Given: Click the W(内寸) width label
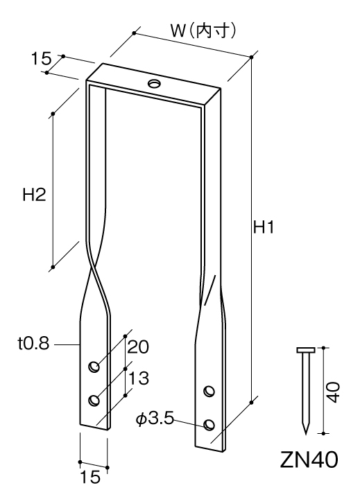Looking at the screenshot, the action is [203, 31].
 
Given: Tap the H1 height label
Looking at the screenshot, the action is [264, 227].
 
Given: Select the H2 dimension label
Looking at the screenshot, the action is [34, 195].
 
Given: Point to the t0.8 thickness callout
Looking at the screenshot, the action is [34, 344].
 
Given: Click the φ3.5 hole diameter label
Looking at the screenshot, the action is [155, 419].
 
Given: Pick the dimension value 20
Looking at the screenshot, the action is [138, 347].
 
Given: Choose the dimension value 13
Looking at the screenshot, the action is [139, 378].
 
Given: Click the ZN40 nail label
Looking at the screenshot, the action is [309, 460].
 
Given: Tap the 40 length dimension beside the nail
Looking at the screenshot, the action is [333, 392].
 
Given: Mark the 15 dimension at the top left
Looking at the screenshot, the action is [41, 58].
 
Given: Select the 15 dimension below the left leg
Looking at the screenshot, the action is [90, 477].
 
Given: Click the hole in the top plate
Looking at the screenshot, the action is [154, 84].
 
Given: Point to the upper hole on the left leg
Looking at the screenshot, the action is [94, 367].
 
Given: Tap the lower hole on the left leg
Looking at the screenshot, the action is [94, 400].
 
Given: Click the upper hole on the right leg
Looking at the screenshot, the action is [209, 391].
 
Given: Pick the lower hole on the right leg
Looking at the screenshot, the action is [209, 425].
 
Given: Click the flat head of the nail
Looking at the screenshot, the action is [306, 350].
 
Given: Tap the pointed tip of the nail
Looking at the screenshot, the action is [306, 434].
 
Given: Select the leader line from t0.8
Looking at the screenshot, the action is [67, 344].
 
